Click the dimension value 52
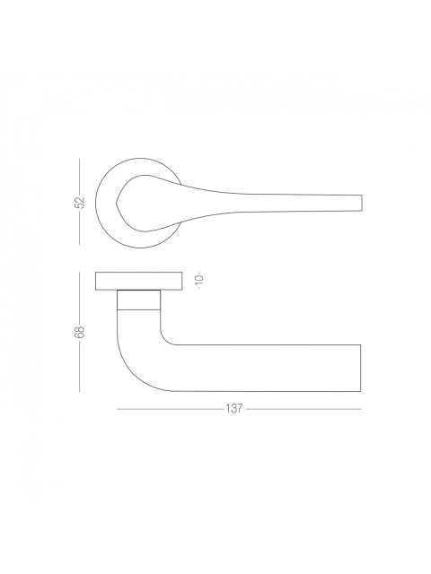tap(80, 203)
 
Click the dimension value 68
tap(80, 332)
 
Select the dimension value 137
tap(234, 409)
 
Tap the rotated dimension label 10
tap(199, 281)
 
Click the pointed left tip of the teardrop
tap(116, 203)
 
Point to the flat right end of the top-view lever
tap(362, 203)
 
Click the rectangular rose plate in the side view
tap(139, 281)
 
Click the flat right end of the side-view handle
tap(361, 368)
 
